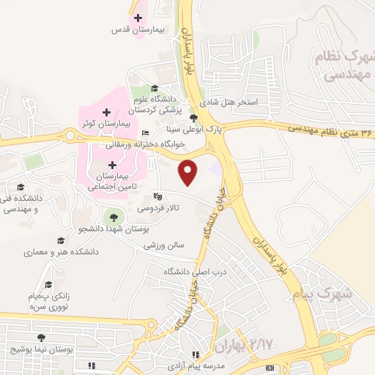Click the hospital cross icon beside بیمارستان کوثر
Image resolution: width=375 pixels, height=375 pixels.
click(107, 112)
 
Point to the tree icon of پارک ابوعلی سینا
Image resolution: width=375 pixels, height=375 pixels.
click(193, 117)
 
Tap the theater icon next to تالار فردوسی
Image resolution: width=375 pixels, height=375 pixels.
click(157, 196)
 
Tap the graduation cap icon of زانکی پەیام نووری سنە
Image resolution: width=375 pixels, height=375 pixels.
click(48, 284)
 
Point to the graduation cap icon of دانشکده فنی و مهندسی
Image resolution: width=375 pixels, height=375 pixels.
click(21, 187)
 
